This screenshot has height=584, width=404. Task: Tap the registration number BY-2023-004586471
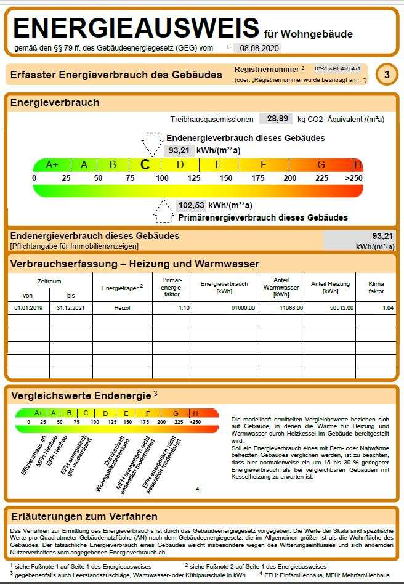(337, 68)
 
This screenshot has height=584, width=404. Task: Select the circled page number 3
(386, 75)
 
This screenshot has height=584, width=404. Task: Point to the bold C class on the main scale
(145, 164)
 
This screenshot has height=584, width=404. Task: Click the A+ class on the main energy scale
(52, 164)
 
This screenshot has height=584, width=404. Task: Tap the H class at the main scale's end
(358, 164)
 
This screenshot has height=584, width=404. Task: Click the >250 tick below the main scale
(353, 178)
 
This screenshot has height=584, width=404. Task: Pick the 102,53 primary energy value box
(190, 205)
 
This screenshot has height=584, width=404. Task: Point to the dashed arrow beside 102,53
(163, 211)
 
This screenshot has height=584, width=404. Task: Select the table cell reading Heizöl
(122, 307)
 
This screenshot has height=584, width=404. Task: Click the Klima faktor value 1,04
(388, 307)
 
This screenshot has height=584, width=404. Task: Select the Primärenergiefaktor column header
(171, 286)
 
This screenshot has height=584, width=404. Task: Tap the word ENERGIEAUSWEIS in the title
(136, 29)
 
